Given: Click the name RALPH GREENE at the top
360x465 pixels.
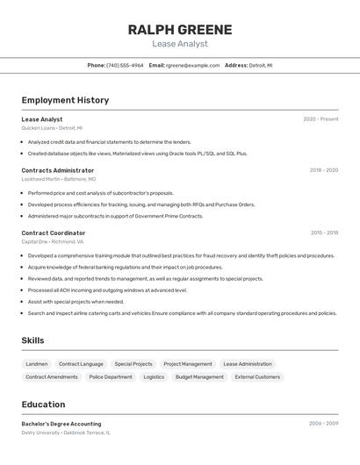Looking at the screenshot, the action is pos(180,30).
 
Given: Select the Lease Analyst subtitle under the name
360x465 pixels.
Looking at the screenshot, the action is pos(180,44).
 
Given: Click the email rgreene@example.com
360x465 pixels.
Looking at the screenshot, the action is pos(192,65).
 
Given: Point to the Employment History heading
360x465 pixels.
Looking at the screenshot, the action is pos(65,100).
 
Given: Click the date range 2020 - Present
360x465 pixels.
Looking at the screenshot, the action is pos(320,119).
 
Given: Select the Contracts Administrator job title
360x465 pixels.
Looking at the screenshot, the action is pos(58,170).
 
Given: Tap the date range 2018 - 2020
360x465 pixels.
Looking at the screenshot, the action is pos(323,170).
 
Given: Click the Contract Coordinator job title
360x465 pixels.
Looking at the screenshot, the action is pos(54,233).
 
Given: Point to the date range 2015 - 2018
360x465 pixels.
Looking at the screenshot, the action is pos(324,233).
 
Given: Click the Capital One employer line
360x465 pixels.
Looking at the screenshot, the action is pos(53,241).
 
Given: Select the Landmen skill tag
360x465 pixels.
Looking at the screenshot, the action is pos(37,364).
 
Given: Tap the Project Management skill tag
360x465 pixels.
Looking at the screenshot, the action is pos(188,364).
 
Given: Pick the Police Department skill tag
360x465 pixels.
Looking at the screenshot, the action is pos(111,377).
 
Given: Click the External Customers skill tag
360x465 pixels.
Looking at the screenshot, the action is pos(257,377).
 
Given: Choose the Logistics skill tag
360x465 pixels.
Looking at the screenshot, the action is pos(154,377).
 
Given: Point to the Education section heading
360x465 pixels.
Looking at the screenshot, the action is pos(43,404).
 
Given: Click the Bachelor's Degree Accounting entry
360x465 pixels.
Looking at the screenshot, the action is pos(61,424).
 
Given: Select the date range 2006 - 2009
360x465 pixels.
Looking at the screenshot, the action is pos(323,424).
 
